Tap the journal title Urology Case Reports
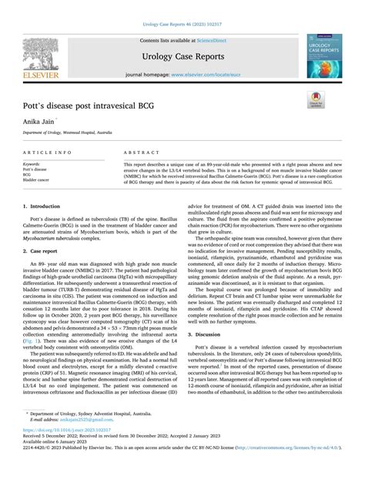click(x=182, y=56)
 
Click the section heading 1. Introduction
click(x=42, y=206)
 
